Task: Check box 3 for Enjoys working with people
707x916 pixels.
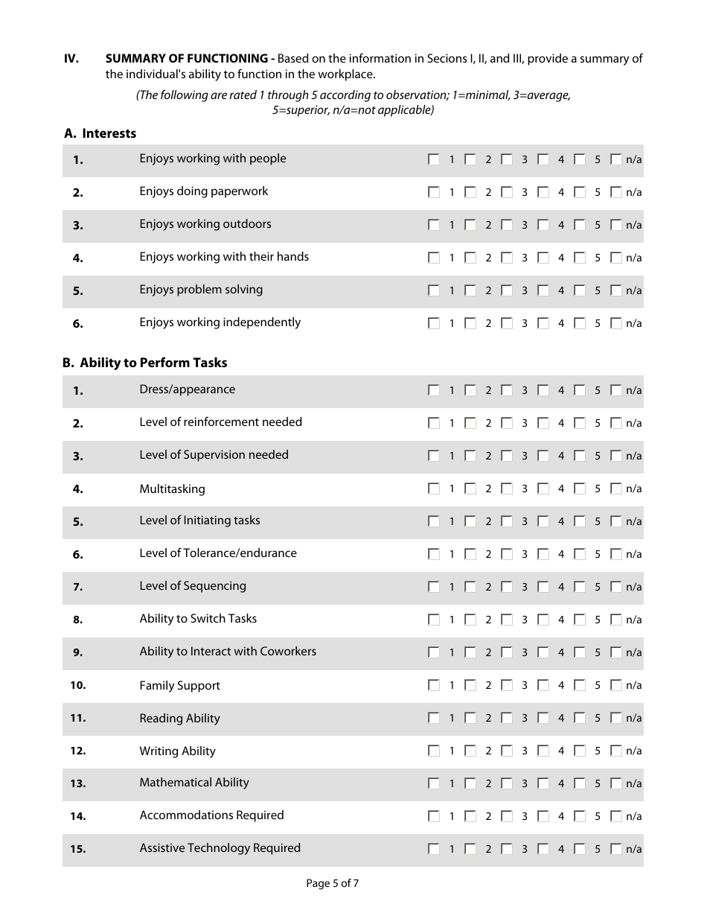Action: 507,159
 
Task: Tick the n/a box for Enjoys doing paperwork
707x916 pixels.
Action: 615,192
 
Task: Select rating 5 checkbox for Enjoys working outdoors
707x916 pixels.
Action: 580,225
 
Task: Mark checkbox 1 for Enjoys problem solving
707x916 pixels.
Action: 434,290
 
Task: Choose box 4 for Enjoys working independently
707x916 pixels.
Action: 543,323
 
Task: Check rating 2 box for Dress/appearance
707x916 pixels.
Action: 470,390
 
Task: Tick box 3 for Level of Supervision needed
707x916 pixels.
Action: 507,456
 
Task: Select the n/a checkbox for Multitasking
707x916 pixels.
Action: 615,489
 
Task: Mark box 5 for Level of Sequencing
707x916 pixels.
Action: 580,587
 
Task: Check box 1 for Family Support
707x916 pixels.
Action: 434,685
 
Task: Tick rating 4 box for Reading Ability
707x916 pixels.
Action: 543,718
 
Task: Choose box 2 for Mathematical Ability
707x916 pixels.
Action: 470,783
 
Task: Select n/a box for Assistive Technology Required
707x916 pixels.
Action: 615,849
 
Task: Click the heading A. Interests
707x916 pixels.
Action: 100,134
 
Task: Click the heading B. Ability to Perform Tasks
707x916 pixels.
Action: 145,363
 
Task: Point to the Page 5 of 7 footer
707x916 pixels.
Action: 333,884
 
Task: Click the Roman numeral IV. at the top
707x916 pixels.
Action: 71,59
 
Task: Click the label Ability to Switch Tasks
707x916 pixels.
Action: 198,619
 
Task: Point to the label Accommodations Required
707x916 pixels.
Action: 211,815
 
